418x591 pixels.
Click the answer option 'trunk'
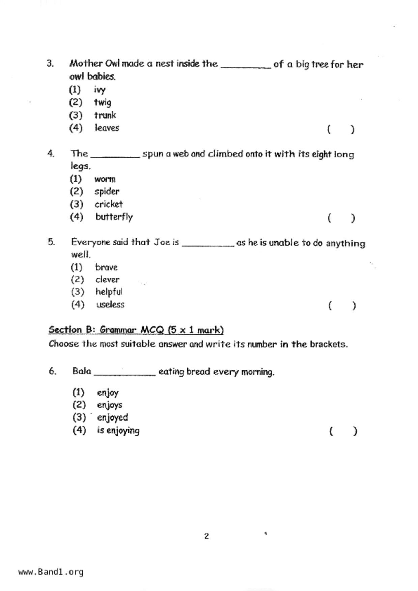[x=105, y=115]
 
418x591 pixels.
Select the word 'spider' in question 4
[x=107, y=191]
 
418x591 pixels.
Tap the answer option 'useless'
[x=110, y=304]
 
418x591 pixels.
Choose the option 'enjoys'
[x=110, y=405]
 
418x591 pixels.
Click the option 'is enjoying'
[x=118, y=430]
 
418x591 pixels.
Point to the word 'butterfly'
[x=114, y=217]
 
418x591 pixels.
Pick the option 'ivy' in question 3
[x=100, y=90]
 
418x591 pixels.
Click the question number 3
[x=50, y=63]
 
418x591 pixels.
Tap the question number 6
[x=52, y=371]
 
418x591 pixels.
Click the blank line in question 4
[x=115, y=156]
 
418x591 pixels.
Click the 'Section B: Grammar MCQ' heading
[x=136, y=330]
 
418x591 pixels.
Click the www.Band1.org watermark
[x=51, y=572]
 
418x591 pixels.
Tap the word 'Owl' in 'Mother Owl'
[x=113, y=63]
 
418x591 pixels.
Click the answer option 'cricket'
[x=109, y=204]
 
